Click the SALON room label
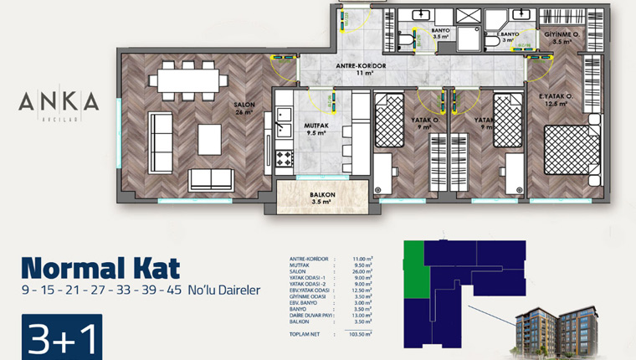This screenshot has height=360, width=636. point(244,105)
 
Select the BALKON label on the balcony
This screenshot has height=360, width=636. point(322,194)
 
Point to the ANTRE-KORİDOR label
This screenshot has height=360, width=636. point(360,65)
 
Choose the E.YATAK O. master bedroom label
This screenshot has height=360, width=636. point(556,97)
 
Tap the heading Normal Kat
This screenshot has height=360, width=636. point(100,268)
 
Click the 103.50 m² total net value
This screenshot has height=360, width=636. point(358,333)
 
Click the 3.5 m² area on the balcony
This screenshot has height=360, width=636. point(322,203)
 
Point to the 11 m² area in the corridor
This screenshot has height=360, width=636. point(360,74)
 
